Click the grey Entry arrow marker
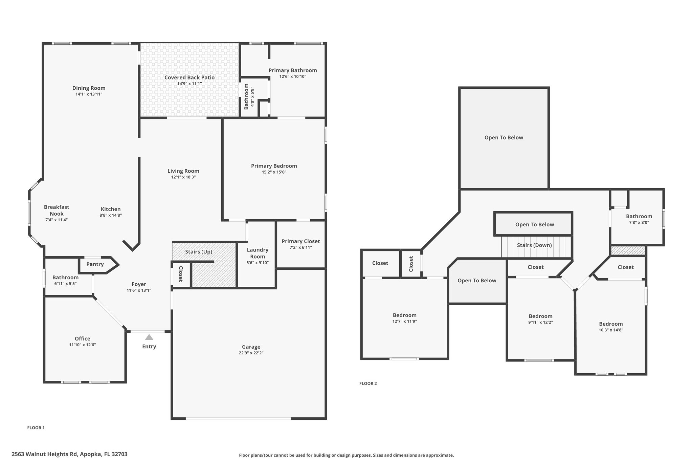(x=149, y=337)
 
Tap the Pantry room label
(x=95, y=264)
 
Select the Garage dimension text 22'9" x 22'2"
(x=251, y=353)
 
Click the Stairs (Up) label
(x=199, y=252)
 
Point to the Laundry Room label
(x=258, y=253)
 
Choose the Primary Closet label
(x=301, y=241)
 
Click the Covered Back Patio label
(x=189, y=78)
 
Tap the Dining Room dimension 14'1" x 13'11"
(x=89, y=94)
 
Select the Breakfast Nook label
(x=57, y=210)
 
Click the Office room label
(x=83, y=339)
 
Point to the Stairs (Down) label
(x=534, y=245)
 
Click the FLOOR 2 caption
(x=368, y=383)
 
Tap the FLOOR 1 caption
(x=36, y=428)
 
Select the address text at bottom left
(x=69, y=454)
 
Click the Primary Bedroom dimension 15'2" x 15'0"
(x=274, y=172)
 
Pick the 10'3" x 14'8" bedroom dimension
(x=611, y=330)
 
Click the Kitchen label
(x=111, y=209)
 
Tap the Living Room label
(x=183, y=171)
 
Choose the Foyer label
(x=139, y=284)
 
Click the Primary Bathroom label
(x=293, y=70)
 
